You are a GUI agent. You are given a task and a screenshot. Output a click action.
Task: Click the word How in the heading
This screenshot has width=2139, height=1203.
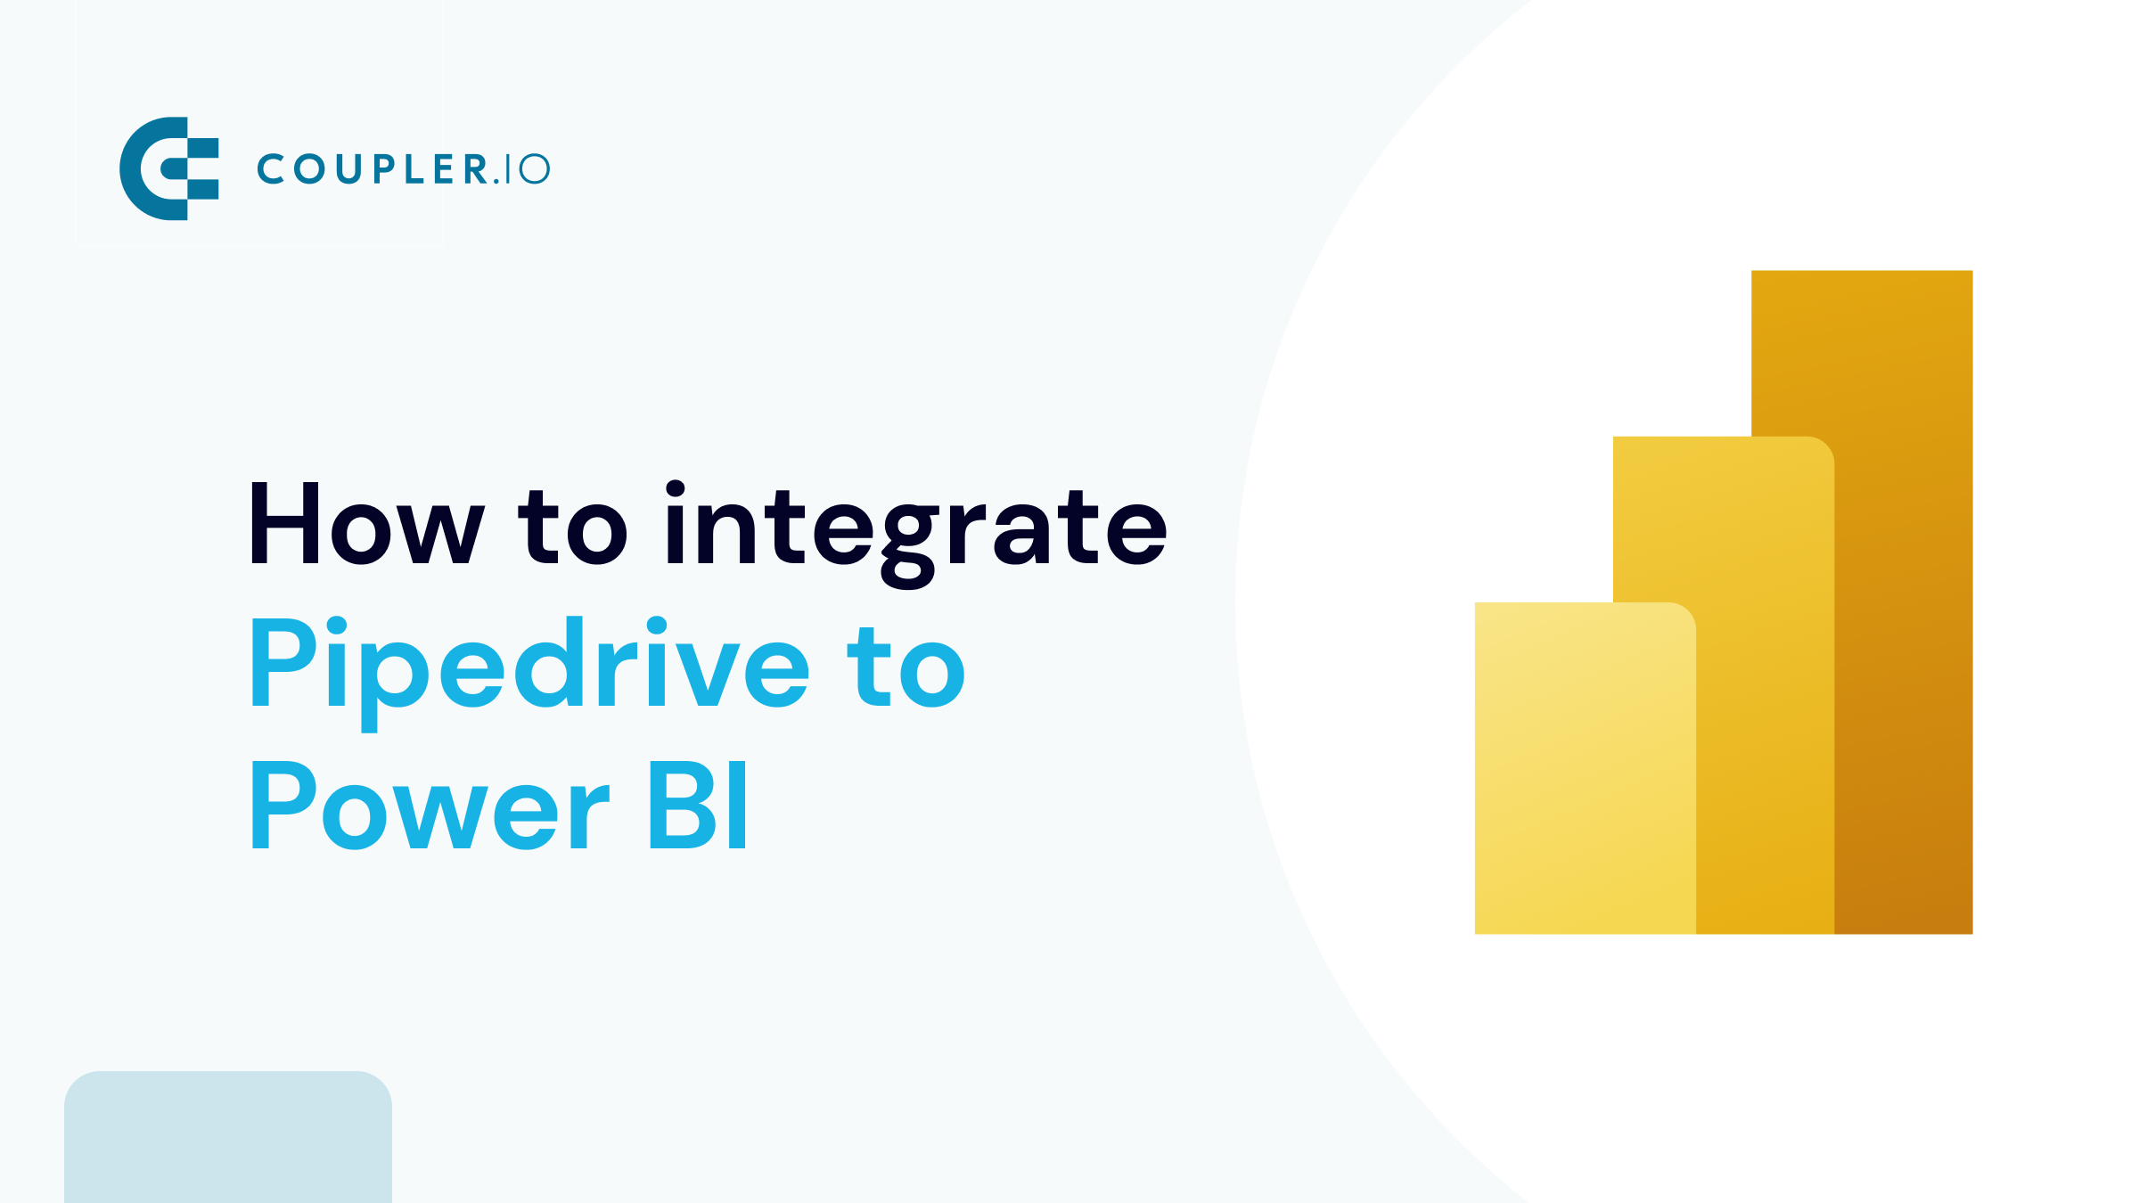(x=365, y=524)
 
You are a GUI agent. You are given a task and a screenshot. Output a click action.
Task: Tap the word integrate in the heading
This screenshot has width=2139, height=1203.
(x=915, y=528)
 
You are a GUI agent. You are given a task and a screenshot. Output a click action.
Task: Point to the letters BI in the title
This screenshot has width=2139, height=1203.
(x=698, y=806)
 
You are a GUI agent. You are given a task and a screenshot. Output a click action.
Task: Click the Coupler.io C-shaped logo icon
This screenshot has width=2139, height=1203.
(x=168, y=168)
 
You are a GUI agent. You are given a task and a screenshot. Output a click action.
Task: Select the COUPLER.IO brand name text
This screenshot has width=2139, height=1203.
(x=403, y=168)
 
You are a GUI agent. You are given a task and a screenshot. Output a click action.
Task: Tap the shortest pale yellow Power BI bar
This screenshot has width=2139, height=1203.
(x=1585, y=768)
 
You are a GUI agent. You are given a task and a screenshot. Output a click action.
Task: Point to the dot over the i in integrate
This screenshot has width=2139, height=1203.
(x=676, y=488)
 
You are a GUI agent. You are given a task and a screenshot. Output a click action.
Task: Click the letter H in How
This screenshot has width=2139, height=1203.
(x=284, y=524)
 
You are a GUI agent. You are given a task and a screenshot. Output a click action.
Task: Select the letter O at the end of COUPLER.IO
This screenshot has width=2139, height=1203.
(x=535, y=168)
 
